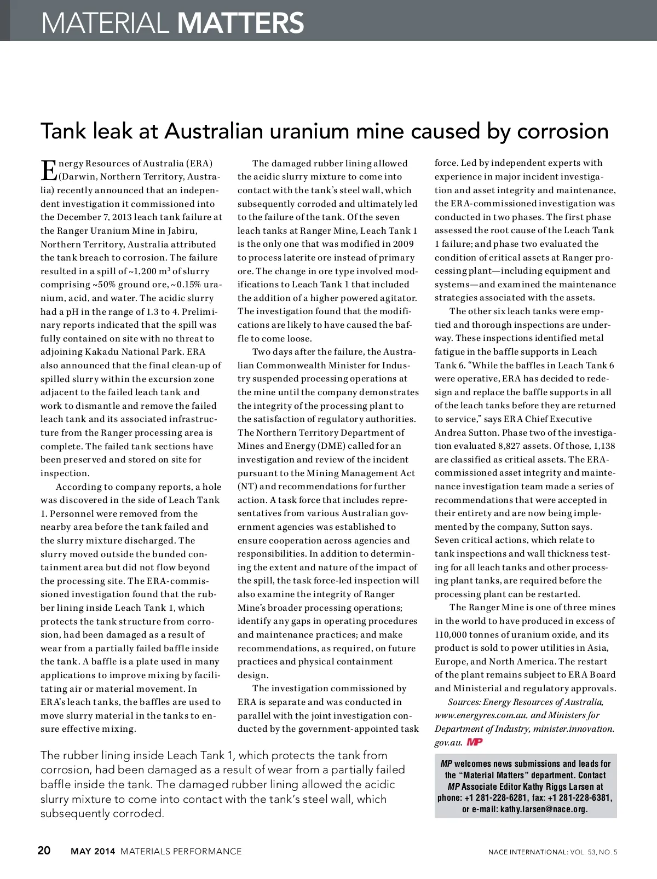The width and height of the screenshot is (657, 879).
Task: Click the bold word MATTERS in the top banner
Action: point(241,23)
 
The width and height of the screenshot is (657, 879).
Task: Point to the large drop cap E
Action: point(48,170)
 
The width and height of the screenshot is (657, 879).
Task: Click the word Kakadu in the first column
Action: point(109,352)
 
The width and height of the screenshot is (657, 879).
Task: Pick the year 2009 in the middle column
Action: point(402,244)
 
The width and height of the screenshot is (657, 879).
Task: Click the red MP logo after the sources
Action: point(475,742)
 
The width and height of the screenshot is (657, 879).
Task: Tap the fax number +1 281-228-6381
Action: point(580,797)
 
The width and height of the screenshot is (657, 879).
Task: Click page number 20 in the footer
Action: point(44,851)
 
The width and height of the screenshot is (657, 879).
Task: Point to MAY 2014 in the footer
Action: point(93,852)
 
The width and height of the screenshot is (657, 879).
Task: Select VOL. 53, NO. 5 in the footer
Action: point(593,852)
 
